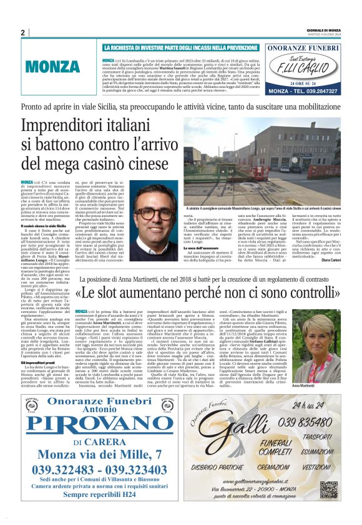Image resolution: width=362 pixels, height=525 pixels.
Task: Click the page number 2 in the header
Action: click(22, 32)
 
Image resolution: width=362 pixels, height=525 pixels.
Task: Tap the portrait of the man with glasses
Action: click(154, 213)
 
